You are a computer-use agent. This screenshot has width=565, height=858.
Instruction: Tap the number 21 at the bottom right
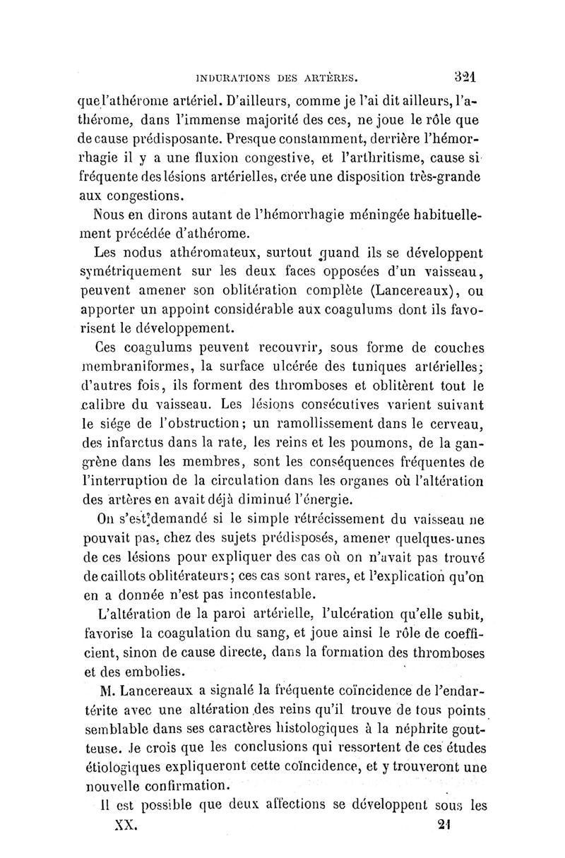pyautogui.click(x=444, y=824)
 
